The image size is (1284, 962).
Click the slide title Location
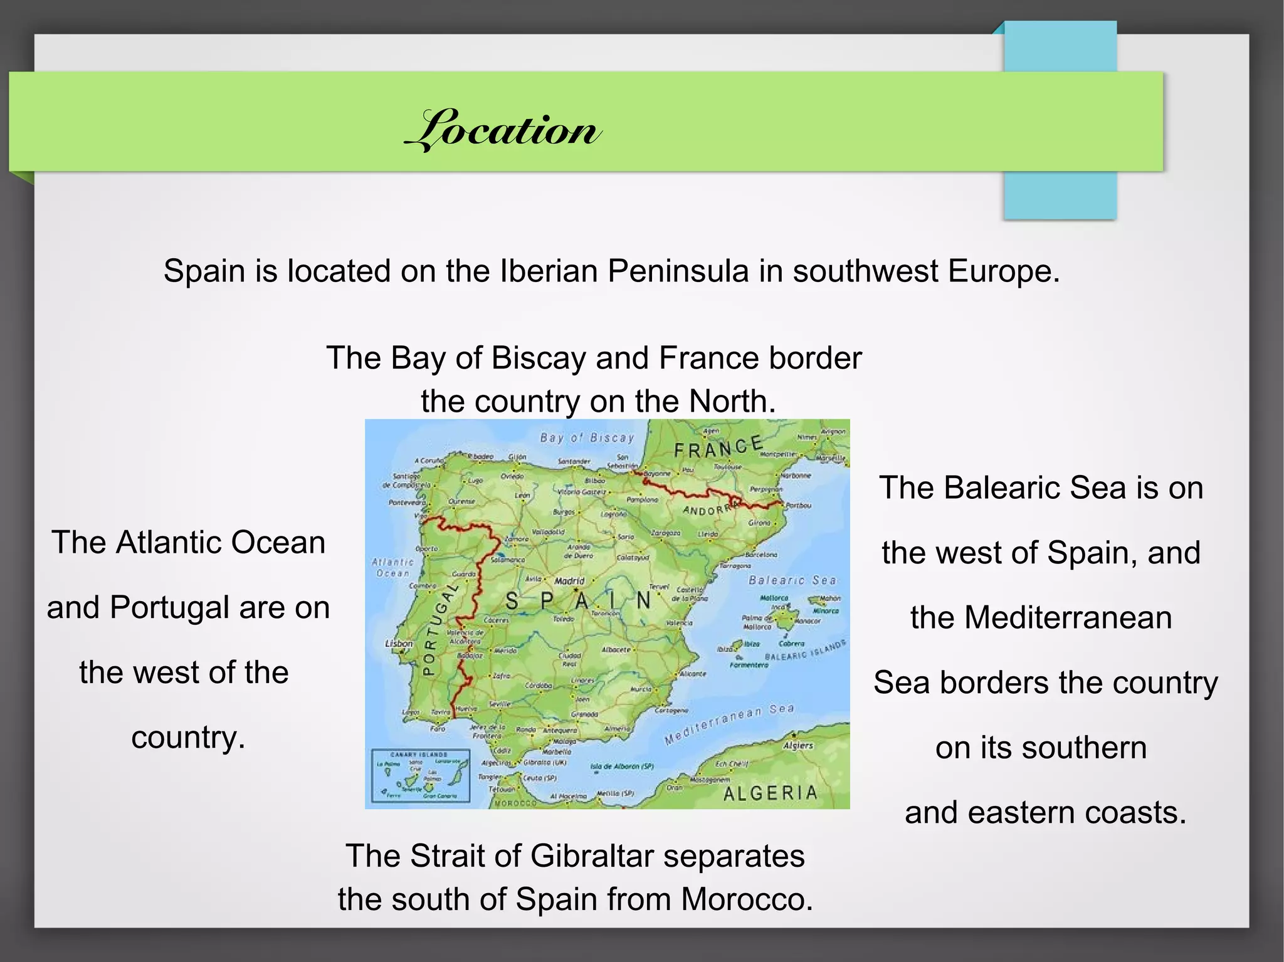click(x=503, y=130)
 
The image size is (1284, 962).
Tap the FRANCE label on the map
click(x=718, y=447)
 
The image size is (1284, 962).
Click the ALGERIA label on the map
click(x=771, y=793)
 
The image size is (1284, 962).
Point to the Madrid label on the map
click(x=569, y=581)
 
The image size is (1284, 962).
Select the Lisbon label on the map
click(x=399, y=644)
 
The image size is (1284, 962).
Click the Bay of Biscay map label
click(x=587, y=438)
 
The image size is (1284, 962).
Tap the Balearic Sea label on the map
click(x=792, y=580)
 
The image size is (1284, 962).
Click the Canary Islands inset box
click(x=420, y=776)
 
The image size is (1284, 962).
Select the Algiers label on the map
click(x=797, y=746)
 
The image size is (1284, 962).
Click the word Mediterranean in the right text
click(x=1041, y=617)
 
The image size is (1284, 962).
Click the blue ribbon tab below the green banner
click(x=1060, y=195)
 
